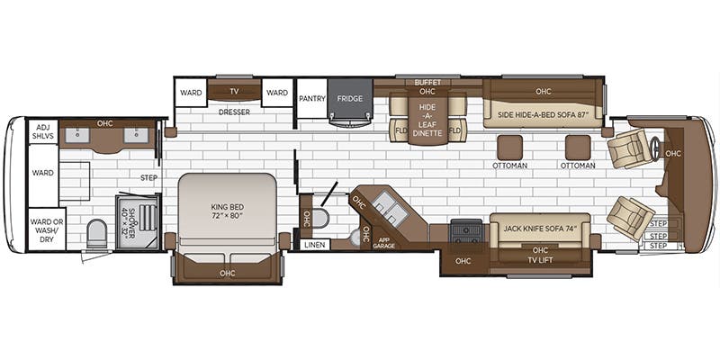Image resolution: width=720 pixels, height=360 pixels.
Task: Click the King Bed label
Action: [x=227, y=211]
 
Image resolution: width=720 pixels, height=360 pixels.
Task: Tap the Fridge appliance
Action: [x=350, y=102]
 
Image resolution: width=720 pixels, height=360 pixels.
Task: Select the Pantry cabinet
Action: [x=312, y=98]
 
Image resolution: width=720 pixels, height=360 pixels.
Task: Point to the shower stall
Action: [x=138, y=222]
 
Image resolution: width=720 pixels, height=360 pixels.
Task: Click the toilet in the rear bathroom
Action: [x=96, y=233]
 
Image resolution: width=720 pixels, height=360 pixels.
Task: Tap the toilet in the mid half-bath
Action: [x=320, y=218]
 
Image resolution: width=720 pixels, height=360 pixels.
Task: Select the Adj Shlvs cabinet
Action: [x=43, y=131]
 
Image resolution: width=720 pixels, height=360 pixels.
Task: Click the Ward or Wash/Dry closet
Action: [x=48, y=230]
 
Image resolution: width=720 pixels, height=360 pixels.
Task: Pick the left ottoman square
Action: [x=509, y=148]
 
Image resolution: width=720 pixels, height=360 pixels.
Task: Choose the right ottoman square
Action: [x=578, y=148]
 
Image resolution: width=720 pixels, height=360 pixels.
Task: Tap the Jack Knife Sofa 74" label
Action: [x=540, y=229]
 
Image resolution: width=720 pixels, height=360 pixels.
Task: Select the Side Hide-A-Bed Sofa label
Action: [x=544, y=114]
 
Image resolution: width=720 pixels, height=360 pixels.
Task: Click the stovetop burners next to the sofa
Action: [x=466, y=230]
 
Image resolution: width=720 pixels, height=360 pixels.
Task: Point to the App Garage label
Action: [x=384, y=242]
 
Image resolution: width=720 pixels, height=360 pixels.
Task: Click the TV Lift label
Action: [x=540, y=260]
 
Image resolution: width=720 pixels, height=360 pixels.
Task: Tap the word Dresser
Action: [x=234, y=112]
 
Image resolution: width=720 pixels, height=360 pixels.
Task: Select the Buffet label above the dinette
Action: [x=427, y=83]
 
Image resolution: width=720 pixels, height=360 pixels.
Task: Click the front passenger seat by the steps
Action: [x=630, y=218]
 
